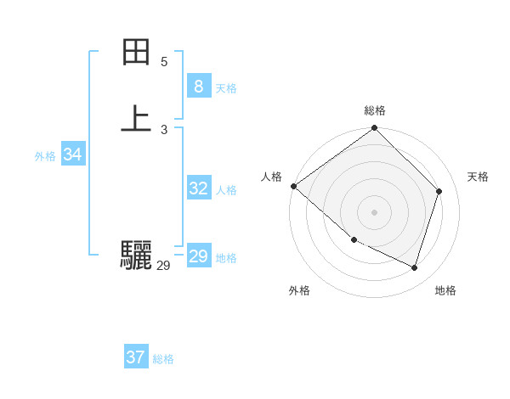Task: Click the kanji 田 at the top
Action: point(136,53)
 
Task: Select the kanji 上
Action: point(136,119)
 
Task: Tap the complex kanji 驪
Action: point(136,255)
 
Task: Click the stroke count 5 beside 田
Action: point(164,62)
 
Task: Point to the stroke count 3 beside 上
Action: point(164,130)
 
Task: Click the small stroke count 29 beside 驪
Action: point(164,266)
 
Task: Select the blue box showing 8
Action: point(198,86)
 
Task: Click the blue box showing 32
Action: point(198,188)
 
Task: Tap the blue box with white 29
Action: point(198,256)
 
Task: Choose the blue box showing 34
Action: point(72,155)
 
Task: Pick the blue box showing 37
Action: point(135,357)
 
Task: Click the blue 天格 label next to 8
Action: point(226,88)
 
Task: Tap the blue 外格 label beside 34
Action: point(44,156)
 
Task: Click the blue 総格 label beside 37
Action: point(163,359)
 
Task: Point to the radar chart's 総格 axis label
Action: point(375,110)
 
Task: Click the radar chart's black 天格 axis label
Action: point(478,177)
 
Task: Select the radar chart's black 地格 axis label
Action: point(445,290)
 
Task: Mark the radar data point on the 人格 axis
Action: point(293,186)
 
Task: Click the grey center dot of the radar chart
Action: point(375,211)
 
